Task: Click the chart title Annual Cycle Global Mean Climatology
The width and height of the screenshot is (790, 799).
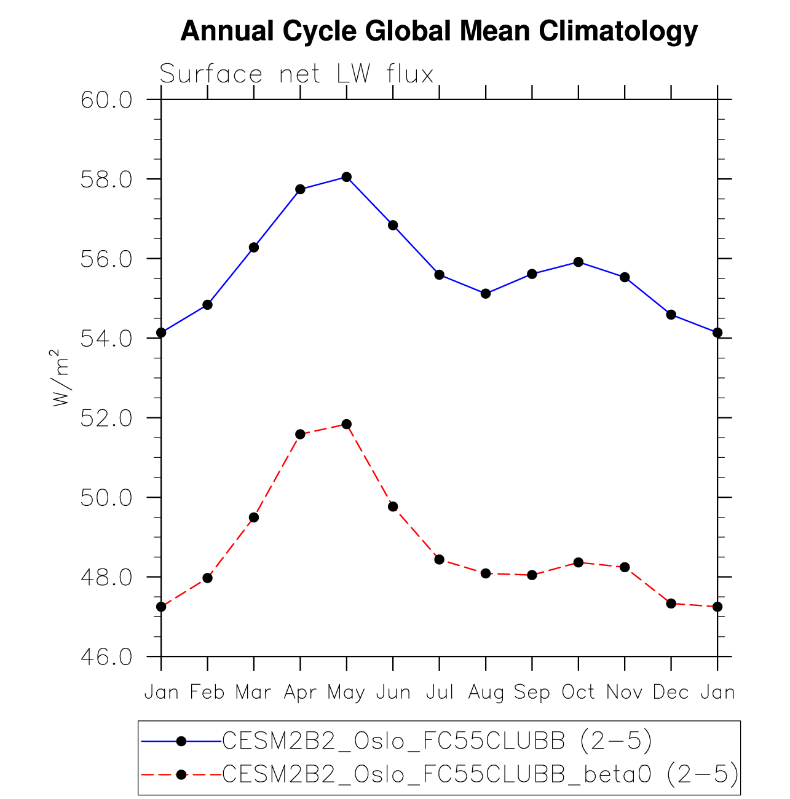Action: (x=439, y=31)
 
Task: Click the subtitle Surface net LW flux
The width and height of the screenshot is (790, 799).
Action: (x=296, y=74)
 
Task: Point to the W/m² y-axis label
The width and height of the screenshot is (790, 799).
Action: (x=60, y=378)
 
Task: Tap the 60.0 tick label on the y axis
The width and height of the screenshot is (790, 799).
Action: (x=106, y=100)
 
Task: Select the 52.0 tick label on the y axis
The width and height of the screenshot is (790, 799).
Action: (x=106, y=418)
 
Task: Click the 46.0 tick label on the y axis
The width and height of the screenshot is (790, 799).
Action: (x=106, y=657)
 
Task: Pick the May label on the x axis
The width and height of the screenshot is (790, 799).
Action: (x=346, y=693)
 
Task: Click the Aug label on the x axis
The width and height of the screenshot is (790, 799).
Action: (x=486, y=693)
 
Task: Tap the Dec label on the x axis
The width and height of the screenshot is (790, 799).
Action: (x=671, y=693)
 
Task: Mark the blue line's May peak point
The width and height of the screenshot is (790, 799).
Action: (x=347, y=177)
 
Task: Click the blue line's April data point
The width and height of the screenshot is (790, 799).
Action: (x=300, y=189)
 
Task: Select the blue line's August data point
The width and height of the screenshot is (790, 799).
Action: (x=486, y=294)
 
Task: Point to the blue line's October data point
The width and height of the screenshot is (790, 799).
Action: (x=579, y=262)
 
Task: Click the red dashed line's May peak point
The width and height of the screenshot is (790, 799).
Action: (x=347, y=424)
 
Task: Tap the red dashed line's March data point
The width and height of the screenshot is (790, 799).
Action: (x=254, y=518)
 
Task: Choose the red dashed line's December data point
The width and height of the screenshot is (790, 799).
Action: (x=671, y=604)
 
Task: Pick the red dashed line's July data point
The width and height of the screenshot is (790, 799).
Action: (x=440, y=559)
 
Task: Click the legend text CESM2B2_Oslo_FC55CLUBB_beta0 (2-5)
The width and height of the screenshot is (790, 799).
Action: (x=480, y=774)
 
